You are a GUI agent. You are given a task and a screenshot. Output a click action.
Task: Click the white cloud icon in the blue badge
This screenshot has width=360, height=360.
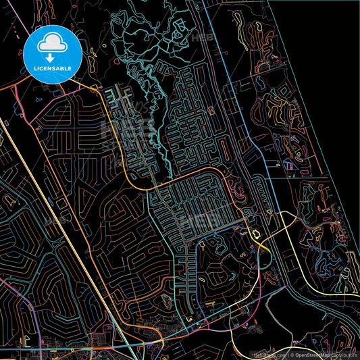point(52,44)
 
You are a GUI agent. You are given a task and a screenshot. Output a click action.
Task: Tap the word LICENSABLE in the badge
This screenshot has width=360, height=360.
point(52,68)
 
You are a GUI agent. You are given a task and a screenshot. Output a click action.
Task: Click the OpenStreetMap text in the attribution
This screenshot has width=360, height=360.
point(313,354)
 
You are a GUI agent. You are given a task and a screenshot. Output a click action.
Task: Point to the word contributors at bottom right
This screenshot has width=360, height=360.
point(345,354)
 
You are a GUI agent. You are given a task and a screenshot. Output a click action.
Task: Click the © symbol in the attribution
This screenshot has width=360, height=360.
point(290,354)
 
